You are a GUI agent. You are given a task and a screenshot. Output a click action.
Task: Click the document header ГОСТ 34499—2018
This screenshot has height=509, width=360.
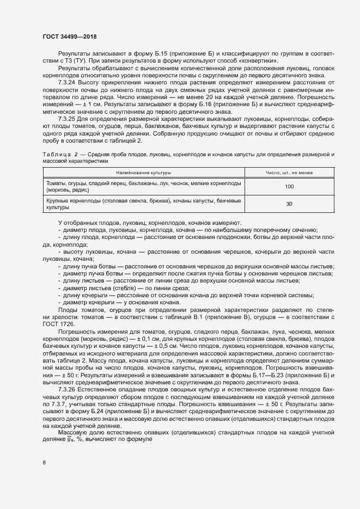point(69,36)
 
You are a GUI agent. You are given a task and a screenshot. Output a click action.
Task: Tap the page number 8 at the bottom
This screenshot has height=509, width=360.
point(44,463)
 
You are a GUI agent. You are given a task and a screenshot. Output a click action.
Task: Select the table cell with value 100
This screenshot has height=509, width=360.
point(289,187)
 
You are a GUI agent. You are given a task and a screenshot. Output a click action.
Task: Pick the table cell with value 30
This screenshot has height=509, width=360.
point(289,204)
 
